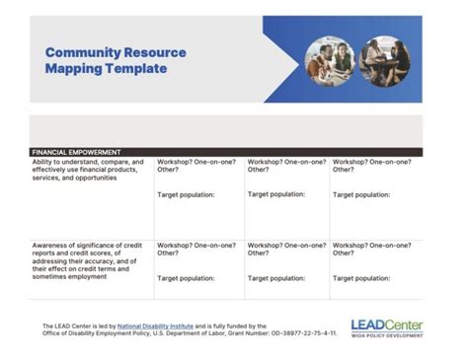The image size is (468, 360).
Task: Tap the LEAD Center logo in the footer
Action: click(x=386, y=324)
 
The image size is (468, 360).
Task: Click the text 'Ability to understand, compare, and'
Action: click(x=88, y=162)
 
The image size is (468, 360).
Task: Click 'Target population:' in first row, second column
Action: click(x=190, y=194)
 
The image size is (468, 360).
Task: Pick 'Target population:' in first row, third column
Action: click(x=275, y=194)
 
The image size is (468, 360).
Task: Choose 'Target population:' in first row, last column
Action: click(x=361, y=194)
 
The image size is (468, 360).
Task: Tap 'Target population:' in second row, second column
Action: click(x=190, y=278)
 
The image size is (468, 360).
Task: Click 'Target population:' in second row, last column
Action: click(x=361, y=278)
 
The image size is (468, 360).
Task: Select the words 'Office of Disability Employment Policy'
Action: click(x=94, y=333)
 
